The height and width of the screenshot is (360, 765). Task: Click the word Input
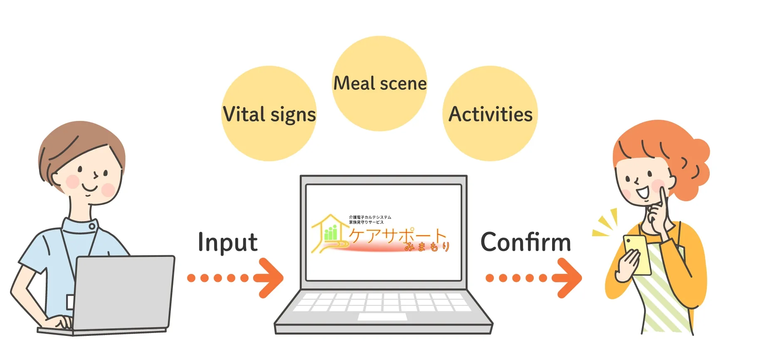[227, 243]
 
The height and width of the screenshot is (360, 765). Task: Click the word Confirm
[526, 242]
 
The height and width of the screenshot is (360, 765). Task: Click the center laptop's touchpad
[382, 317]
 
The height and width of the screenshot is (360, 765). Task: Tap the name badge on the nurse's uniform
[70, 302]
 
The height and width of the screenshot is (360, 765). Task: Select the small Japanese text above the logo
[370, 219]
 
